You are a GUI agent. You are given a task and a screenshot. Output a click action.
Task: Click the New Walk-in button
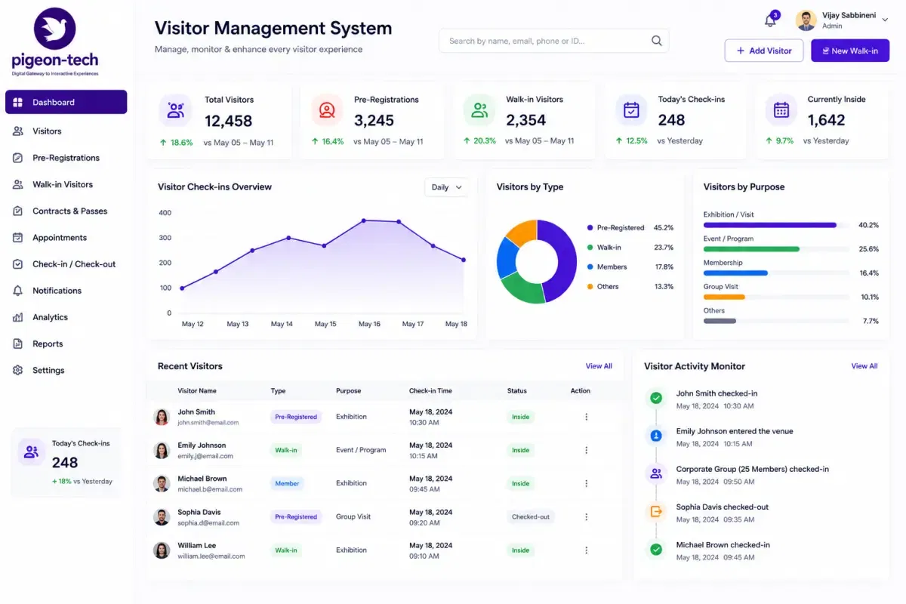(850, 51)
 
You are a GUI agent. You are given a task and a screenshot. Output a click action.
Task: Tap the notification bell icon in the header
(770, 20)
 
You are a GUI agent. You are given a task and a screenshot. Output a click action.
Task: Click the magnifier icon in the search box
(656, 41)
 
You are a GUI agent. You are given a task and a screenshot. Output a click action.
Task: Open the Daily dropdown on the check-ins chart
(446, 187)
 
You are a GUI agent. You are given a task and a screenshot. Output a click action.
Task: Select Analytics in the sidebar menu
(50, 317)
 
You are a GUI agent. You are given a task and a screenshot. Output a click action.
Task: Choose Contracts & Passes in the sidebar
(69, 211)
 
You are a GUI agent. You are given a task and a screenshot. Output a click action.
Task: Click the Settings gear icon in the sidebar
(17, 370)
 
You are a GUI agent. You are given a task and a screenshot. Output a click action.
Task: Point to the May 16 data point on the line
(364, 220)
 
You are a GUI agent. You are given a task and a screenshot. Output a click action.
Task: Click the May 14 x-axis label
(282, 324)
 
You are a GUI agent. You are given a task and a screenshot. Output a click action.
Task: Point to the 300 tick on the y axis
(165, 238)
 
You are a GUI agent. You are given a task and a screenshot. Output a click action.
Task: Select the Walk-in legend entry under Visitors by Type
(609, 247)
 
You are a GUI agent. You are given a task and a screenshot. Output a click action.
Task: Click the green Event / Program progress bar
(751, 249)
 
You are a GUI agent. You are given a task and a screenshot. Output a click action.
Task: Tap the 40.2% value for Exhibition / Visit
(868, 225)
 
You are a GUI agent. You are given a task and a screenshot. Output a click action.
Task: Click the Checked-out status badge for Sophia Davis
(530, 516)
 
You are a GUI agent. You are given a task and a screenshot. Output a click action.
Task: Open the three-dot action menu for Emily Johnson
(586, 450)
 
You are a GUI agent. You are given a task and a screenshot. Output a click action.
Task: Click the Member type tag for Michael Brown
(287, 483)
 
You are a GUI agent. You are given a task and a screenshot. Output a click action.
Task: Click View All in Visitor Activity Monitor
(864, 365)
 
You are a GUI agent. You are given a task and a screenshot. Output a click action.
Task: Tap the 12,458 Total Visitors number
(228, 121)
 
